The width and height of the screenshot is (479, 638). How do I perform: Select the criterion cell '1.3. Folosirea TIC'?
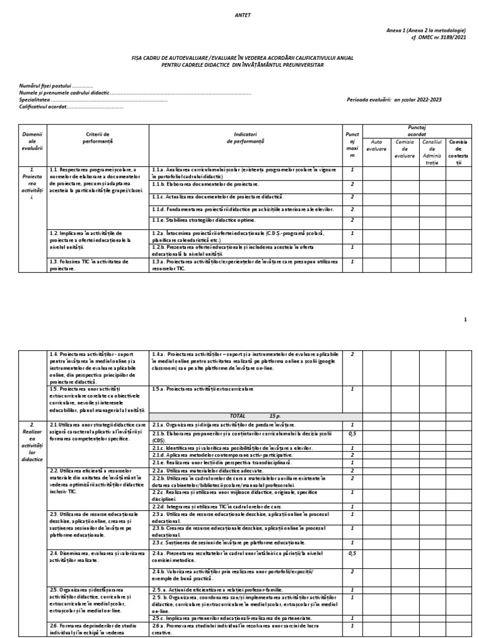(x=97, y=265)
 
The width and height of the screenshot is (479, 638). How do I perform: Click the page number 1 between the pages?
(x=465, y=320)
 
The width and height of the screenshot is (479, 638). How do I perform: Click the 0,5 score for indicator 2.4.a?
(x=352, y=553)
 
